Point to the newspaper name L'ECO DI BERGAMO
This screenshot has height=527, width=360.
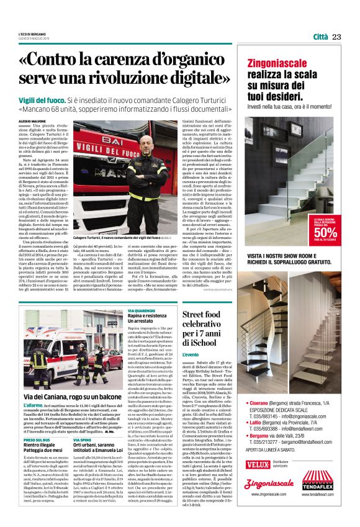[x=34, y=35]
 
